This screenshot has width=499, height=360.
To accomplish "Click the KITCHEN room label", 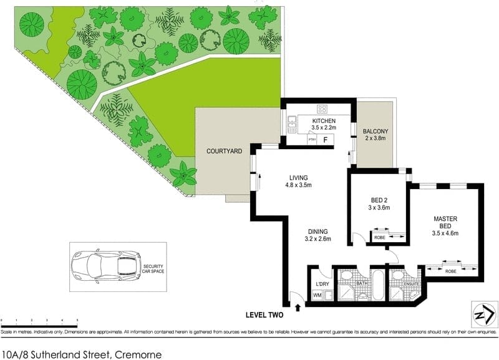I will click(x=324, y=121).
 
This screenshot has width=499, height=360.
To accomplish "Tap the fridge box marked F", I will click(x=325, y=140).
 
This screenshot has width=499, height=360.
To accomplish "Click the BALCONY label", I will click(x=375, y=131).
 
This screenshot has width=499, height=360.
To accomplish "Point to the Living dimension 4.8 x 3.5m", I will click(x=298, y=185).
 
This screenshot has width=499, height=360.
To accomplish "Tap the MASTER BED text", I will click(x=445, y=222).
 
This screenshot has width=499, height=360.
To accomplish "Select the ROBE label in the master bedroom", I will click(x=453, y=271).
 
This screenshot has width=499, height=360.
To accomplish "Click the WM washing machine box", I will click(x=317, y=295).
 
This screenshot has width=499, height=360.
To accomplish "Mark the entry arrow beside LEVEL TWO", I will click(x=298, y=306).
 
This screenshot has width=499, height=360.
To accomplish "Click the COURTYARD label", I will click(x=224, y=151).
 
